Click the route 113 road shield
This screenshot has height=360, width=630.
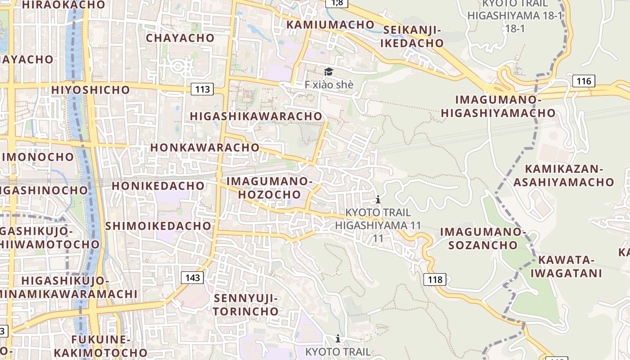pyautogui.click(x=202, y=89)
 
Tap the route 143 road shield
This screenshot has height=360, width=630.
pyautogui.click(x=192, y=277)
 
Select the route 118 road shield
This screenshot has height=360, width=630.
pyautogui.click(x=435, y=279)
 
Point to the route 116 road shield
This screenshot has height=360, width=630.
pyautogui.click(x=584, y=81)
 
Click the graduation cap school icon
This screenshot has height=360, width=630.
pyautogui.click(x=328, y=72)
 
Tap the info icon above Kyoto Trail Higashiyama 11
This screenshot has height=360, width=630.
pyautogui.click(x=378, y=199)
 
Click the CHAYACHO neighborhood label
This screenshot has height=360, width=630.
pyautogui.click(x=180, y=38)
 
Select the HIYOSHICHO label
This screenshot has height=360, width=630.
pyautogui.click(x=90, y=90)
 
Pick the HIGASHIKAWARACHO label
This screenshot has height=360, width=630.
pyautogui.click(x=256, y=116)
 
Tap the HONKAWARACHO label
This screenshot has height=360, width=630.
pyautogui.click(x=205, y=147)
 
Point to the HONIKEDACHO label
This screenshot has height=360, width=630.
pyautogui.click(x=158, y=185)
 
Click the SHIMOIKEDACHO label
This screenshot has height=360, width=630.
pyautogui.click(x=158, y=225)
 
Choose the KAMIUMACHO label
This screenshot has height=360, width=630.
pyautogui.click(x=330, y=25)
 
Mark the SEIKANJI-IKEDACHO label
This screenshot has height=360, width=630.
pyautogui.click(x=412, y=36)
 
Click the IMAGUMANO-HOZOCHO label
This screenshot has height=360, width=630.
pyautogui.click(x=269, y=188)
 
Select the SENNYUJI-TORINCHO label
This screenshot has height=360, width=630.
pyautogui.click(x=246, y=305)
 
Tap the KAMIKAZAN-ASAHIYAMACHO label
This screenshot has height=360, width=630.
pyautogui.click(x=563, y=175)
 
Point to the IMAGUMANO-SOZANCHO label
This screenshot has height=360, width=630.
pyautogui.click(x=483, y=238)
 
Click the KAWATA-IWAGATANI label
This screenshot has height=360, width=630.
pyautogui.click(x=566, y=266)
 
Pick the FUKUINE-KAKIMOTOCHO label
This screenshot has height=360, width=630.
pyautogui.click(x=101, y=346)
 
